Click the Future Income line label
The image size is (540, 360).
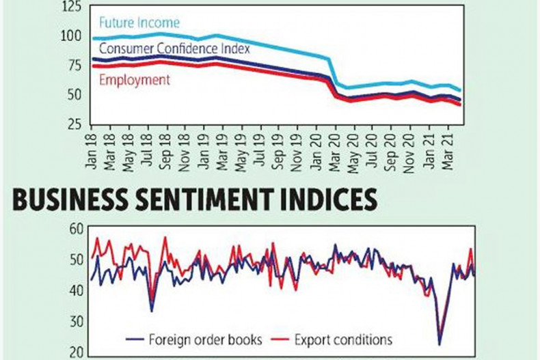139,23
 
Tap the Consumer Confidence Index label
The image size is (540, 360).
174,49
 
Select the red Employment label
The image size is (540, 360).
135,80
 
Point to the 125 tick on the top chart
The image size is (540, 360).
70,9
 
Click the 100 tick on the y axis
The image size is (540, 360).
70,36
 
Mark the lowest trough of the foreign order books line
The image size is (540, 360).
440,344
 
